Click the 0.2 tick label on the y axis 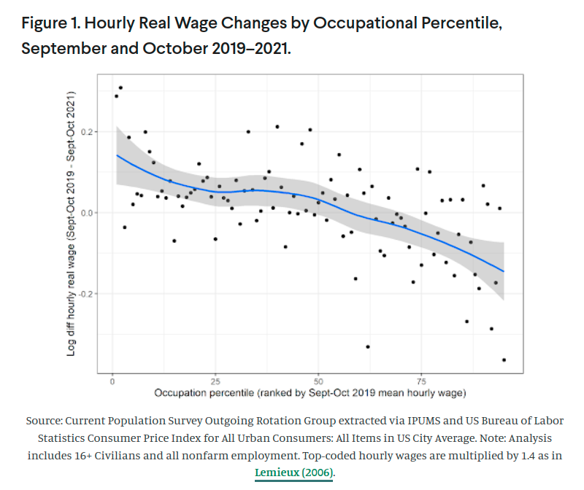click(x=88, y=132)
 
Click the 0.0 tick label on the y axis click(x=88, y=213)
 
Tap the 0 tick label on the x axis click(x=112, y=381)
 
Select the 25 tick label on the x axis click(x=215, y=381)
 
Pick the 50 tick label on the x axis click(x=318, y=381)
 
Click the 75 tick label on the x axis click(x=422, y=381)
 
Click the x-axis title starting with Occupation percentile click(x=310, y=393)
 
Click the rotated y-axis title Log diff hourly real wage click(x=72, y=224)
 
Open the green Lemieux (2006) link click(x=294, y=472)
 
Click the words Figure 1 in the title click(x=49, y=23)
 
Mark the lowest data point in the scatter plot click(x=504, y=359)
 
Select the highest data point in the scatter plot click(x=120, y=87)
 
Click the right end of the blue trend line click(x=504, y=271)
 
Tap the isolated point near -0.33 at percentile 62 click(x=368, y=346)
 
